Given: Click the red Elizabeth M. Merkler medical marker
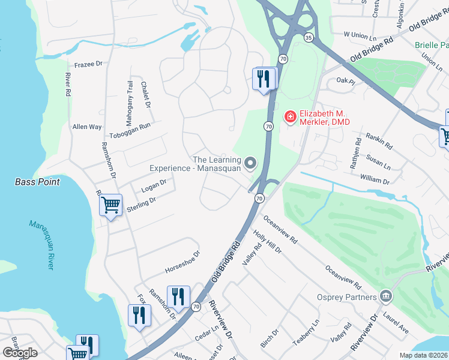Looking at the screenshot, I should [290, 116].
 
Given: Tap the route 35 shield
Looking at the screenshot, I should [308, 37].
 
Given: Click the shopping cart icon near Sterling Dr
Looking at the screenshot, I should [111, 205].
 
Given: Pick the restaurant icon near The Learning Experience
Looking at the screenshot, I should [264, 79].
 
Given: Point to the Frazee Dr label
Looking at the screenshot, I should [89, 62].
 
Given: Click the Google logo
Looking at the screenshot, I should [20, 353].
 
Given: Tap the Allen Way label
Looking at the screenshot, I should [87, 127].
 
